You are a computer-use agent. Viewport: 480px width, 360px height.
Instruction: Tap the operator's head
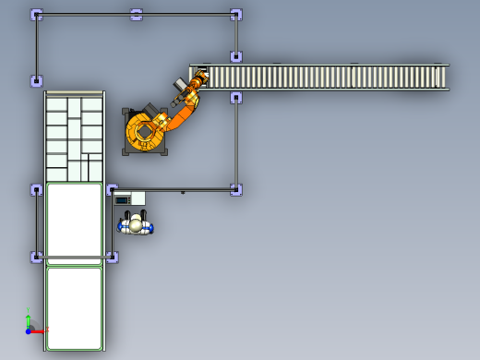click(x=136, y=223)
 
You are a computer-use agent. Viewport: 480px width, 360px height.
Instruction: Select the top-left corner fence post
click(x=37, y=15)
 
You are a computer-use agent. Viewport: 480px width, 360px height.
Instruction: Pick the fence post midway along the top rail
click(x=137, y=15)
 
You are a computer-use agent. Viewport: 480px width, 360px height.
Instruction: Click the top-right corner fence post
click(x=236, y=15)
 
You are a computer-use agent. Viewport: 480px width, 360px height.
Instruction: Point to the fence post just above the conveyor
click(x=236, y=56)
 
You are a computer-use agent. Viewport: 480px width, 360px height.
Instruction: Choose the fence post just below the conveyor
click(x=236, y=97)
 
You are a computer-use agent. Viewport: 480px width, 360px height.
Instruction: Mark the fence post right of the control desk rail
click(x=236, y=189)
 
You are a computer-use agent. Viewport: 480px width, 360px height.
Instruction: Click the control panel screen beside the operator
click(x=122, y=198)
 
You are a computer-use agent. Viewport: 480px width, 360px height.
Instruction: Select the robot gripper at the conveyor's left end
click(x=197, y=83)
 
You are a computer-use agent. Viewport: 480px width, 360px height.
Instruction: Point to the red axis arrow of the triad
click(x=40, y=330)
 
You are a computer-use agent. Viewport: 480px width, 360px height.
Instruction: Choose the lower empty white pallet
click(x=74, y=307)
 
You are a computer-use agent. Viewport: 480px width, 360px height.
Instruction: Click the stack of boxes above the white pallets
click(x=74, y=137)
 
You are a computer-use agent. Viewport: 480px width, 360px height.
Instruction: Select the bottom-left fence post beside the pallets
click(x=37, y=257)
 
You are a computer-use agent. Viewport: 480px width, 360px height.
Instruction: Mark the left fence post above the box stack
click(x=37, y=81)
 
